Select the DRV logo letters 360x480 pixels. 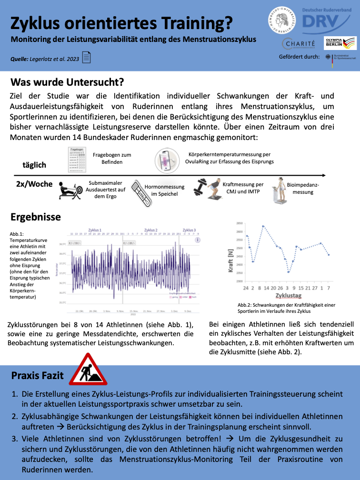coord(320,21)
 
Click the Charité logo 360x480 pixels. coord(299,44)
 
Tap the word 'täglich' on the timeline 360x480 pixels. coord(34,165)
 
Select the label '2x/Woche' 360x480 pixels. coord(34,184)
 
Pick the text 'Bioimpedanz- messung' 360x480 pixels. coord(303,188)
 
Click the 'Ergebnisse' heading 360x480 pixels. coord(36,217)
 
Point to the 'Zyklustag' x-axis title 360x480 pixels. coord(287,296)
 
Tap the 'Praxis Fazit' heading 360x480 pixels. coord(38,375)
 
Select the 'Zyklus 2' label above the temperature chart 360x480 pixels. coord(150,230)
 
